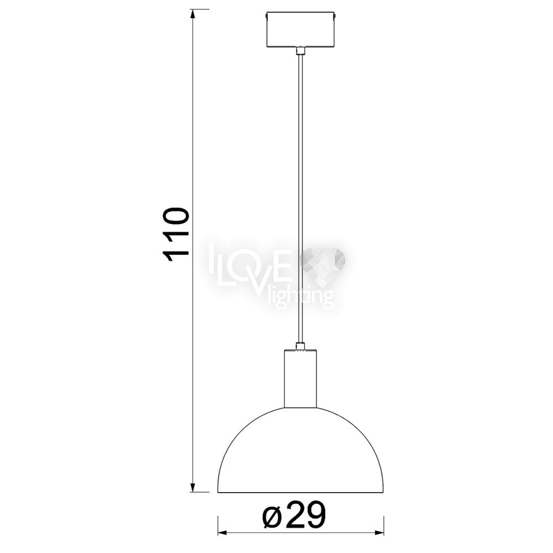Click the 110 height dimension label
tap(176, 234)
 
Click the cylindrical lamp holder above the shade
tap(300, 378)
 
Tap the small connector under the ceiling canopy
tap(300, 51)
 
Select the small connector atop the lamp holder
tap(300, 346)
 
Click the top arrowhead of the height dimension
tap(192, 14)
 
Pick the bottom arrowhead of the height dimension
tap(192, 487)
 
